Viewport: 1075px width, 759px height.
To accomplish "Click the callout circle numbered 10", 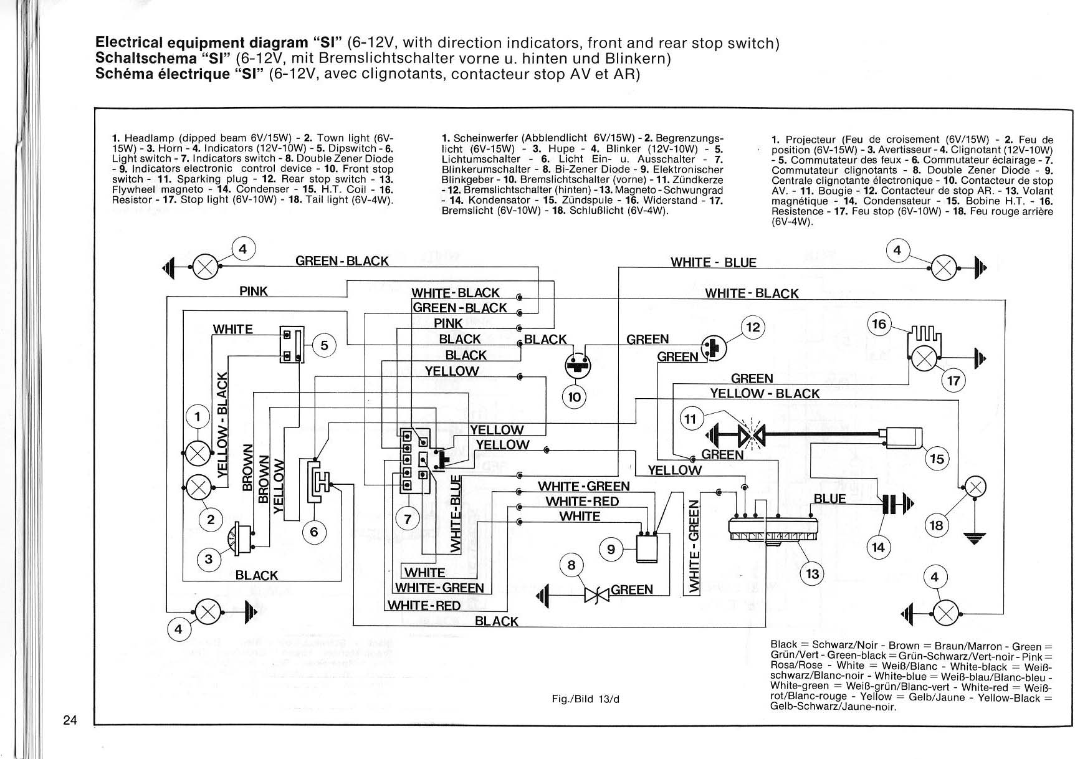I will [574, 397].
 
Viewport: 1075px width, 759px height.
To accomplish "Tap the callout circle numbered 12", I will [753, 327].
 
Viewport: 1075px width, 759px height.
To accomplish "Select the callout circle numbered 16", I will [879, 324].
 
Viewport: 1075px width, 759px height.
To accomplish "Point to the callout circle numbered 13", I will [812, 573].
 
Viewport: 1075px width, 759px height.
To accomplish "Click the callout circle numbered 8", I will [571, 565].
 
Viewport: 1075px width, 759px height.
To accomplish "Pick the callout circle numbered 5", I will [324, 345].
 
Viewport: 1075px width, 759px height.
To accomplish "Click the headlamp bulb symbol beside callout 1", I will [198, 452].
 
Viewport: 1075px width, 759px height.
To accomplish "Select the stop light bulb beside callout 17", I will [924, 358].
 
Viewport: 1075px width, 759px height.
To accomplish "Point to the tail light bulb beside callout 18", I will [975, 487].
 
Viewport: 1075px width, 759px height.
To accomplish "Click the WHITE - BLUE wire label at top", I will [713, 262].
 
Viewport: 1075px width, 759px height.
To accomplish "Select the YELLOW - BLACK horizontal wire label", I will [765, 393].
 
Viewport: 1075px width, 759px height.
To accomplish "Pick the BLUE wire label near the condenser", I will [829, 499].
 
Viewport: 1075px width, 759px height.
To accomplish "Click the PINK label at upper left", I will [254, 291].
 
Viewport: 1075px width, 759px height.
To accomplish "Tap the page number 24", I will [70, 720].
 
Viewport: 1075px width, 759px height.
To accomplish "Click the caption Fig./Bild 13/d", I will [586, 699].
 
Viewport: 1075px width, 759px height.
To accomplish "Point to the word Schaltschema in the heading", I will [145, 59].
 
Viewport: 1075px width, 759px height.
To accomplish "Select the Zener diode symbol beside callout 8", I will [596, 595].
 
